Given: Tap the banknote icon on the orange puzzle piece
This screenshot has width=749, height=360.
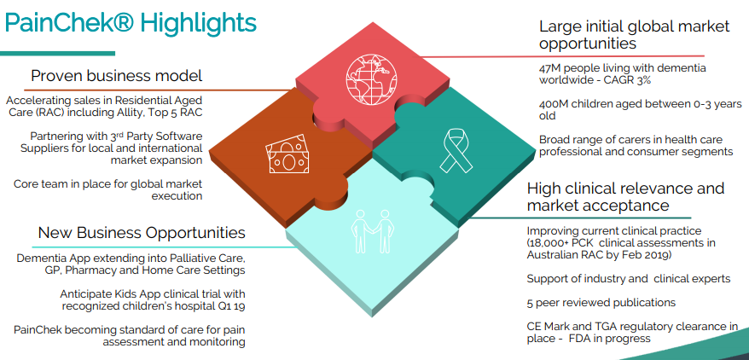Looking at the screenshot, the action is click(x=287, y=154).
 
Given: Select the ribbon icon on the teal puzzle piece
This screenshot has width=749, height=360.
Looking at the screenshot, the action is click(x=456, y=150).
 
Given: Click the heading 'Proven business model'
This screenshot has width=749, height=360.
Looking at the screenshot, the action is click(x=117, y=75).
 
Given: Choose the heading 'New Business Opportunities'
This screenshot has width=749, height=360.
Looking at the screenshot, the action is click(x=142, y=233).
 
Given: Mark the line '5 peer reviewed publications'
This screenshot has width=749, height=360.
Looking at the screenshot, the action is click(x=601, y=303).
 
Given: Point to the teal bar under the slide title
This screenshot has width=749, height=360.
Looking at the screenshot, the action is click(x=57, y=53).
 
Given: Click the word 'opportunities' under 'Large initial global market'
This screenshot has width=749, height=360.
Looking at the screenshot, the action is click(x=588, y=44).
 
